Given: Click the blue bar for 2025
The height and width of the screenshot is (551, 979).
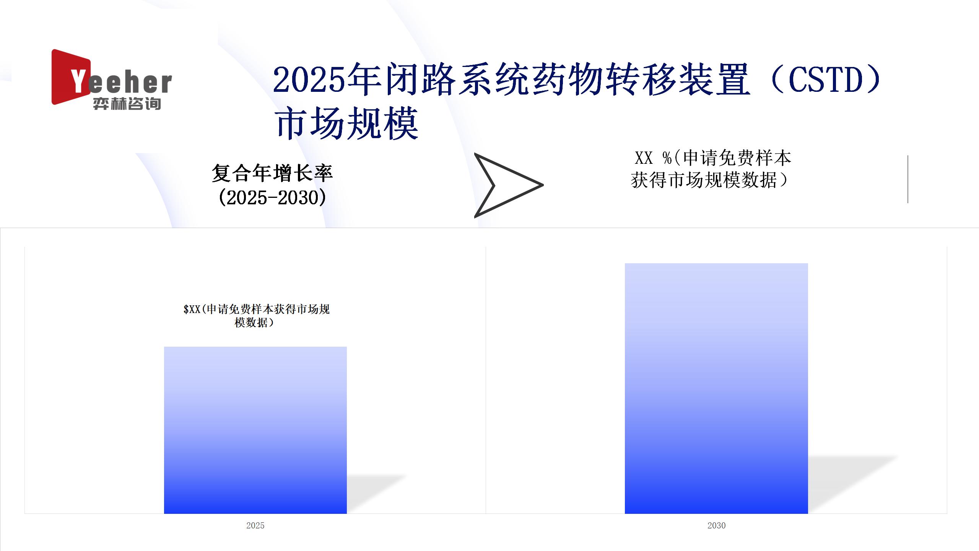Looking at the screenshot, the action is click(255, 430).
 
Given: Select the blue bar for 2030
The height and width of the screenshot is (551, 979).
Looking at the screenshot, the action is click(716, 388).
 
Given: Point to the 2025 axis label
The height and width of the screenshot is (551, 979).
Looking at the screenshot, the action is click(255, 525).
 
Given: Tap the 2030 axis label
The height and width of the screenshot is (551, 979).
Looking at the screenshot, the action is click(716, 525).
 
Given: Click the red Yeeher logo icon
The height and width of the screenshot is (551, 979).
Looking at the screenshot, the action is click(71, 77).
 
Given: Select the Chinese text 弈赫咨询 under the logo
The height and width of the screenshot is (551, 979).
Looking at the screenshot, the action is click(127, 104).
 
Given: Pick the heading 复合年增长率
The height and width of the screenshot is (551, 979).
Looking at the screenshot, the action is click(272, 173).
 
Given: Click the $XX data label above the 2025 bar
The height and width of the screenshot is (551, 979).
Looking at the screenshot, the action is click(256, 316).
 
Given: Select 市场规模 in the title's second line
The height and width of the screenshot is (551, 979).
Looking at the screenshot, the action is click(346, 123).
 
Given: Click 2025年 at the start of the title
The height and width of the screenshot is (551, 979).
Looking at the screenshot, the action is click(327, 80).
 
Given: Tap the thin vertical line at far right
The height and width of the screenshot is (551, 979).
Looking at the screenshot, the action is click(907, 179).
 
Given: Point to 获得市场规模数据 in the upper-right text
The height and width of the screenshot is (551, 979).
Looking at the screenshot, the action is click(704, 180).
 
